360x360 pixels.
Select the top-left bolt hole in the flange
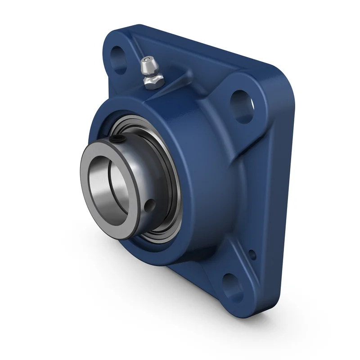[x=121, y=58]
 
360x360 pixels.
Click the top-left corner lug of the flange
[x=118, y=45]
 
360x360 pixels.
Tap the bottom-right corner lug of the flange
[x=238, y=292]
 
